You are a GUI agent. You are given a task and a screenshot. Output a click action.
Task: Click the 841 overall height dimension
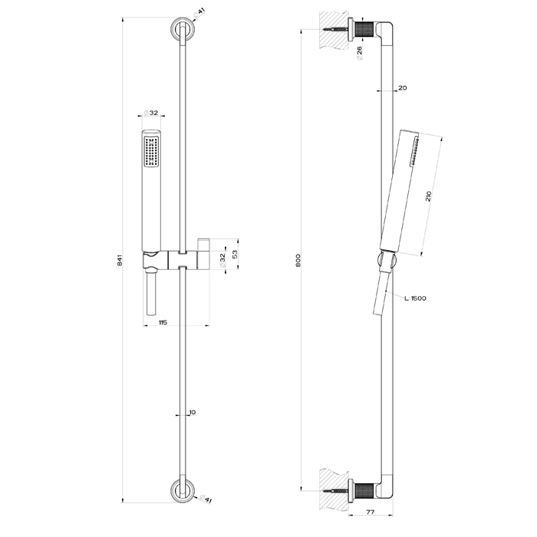120,260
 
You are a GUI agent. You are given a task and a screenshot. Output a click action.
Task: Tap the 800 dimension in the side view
298,260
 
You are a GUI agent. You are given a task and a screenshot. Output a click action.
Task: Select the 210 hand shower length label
428,196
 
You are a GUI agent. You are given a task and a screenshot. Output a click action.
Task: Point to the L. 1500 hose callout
415,298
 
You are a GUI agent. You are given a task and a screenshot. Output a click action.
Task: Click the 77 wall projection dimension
371,512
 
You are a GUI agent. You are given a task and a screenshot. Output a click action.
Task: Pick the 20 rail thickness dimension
403,87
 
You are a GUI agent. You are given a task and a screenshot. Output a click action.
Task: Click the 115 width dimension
163,322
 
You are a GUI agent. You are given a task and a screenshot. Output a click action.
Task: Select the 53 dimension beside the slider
235,254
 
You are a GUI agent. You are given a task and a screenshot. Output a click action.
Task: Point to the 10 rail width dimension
193,413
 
